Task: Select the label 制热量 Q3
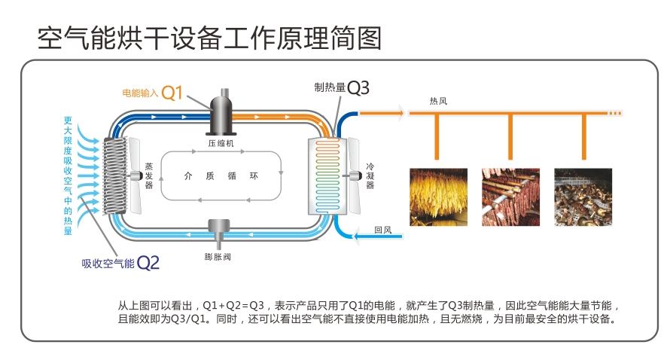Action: coord(343,87)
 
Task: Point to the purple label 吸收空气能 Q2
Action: coord(120,263)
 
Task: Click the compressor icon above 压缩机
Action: coord(221,112)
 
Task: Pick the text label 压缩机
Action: coord(221,142)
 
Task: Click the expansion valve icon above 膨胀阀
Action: coord(221,228)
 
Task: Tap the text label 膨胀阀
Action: coord(220,256)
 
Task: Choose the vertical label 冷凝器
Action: coord(370,175)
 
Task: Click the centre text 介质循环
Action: coord(221,175)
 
